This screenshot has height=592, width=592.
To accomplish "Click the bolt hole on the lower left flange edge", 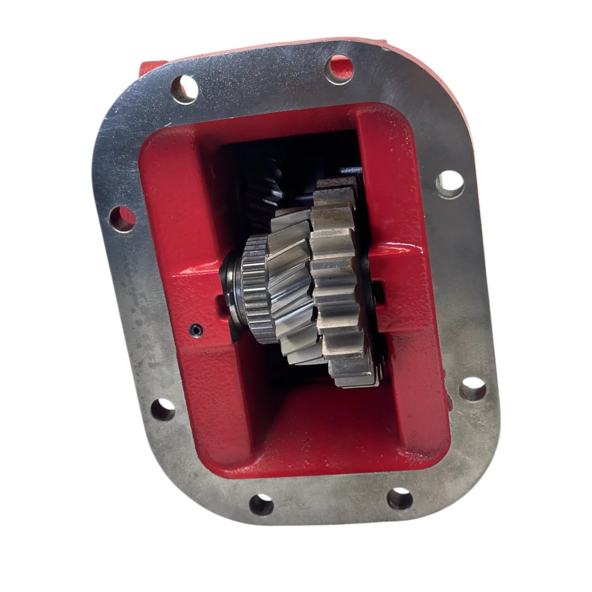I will pos(163,409).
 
